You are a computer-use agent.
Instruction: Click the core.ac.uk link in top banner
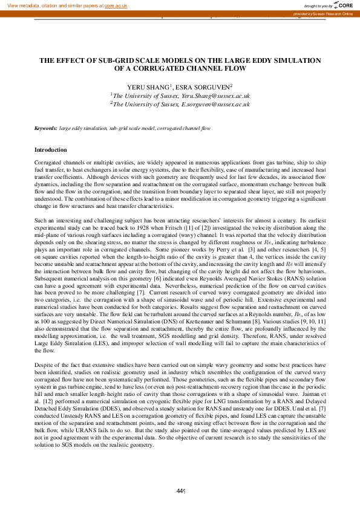(116, 5)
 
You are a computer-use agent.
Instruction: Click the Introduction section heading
(51, 149)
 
